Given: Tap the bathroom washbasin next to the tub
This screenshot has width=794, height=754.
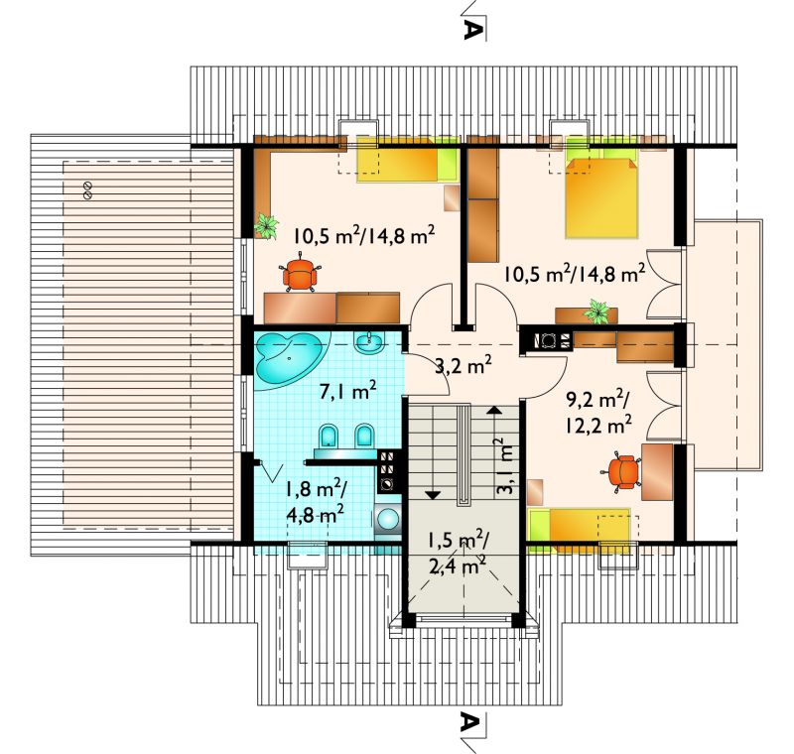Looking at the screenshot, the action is click(x=370, y=342).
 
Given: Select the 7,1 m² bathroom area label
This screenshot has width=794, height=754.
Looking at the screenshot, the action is click(x=348, y=390).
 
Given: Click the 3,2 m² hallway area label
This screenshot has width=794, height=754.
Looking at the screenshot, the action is click(x=463, y=364).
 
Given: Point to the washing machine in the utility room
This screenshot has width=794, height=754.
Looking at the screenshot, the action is click(x=388, y=520).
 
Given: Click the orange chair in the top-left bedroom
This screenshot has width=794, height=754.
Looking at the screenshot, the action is click(x=300, y=274).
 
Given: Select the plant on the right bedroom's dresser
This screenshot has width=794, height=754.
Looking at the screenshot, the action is click(x=598, y=311).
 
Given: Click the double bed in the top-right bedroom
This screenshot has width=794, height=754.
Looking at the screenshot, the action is click(x=601, y=197).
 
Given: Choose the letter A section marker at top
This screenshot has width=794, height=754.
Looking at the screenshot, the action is click(x=470, y=30).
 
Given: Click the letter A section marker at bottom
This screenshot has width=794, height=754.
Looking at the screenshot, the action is click(x=469, y=722).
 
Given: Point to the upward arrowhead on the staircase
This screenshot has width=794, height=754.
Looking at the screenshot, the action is click(x=493, y=410).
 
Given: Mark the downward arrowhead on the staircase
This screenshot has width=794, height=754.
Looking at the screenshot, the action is click(x=432, y=495).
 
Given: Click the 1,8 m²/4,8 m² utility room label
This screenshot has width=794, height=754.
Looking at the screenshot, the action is click(x=316, y=502).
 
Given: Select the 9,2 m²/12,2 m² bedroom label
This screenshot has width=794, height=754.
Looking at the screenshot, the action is click(x=598, y=413).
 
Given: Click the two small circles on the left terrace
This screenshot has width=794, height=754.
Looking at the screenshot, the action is click(x=87, y=190).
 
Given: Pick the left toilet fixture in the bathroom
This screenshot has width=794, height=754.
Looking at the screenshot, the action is click(x=329, y=437).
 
